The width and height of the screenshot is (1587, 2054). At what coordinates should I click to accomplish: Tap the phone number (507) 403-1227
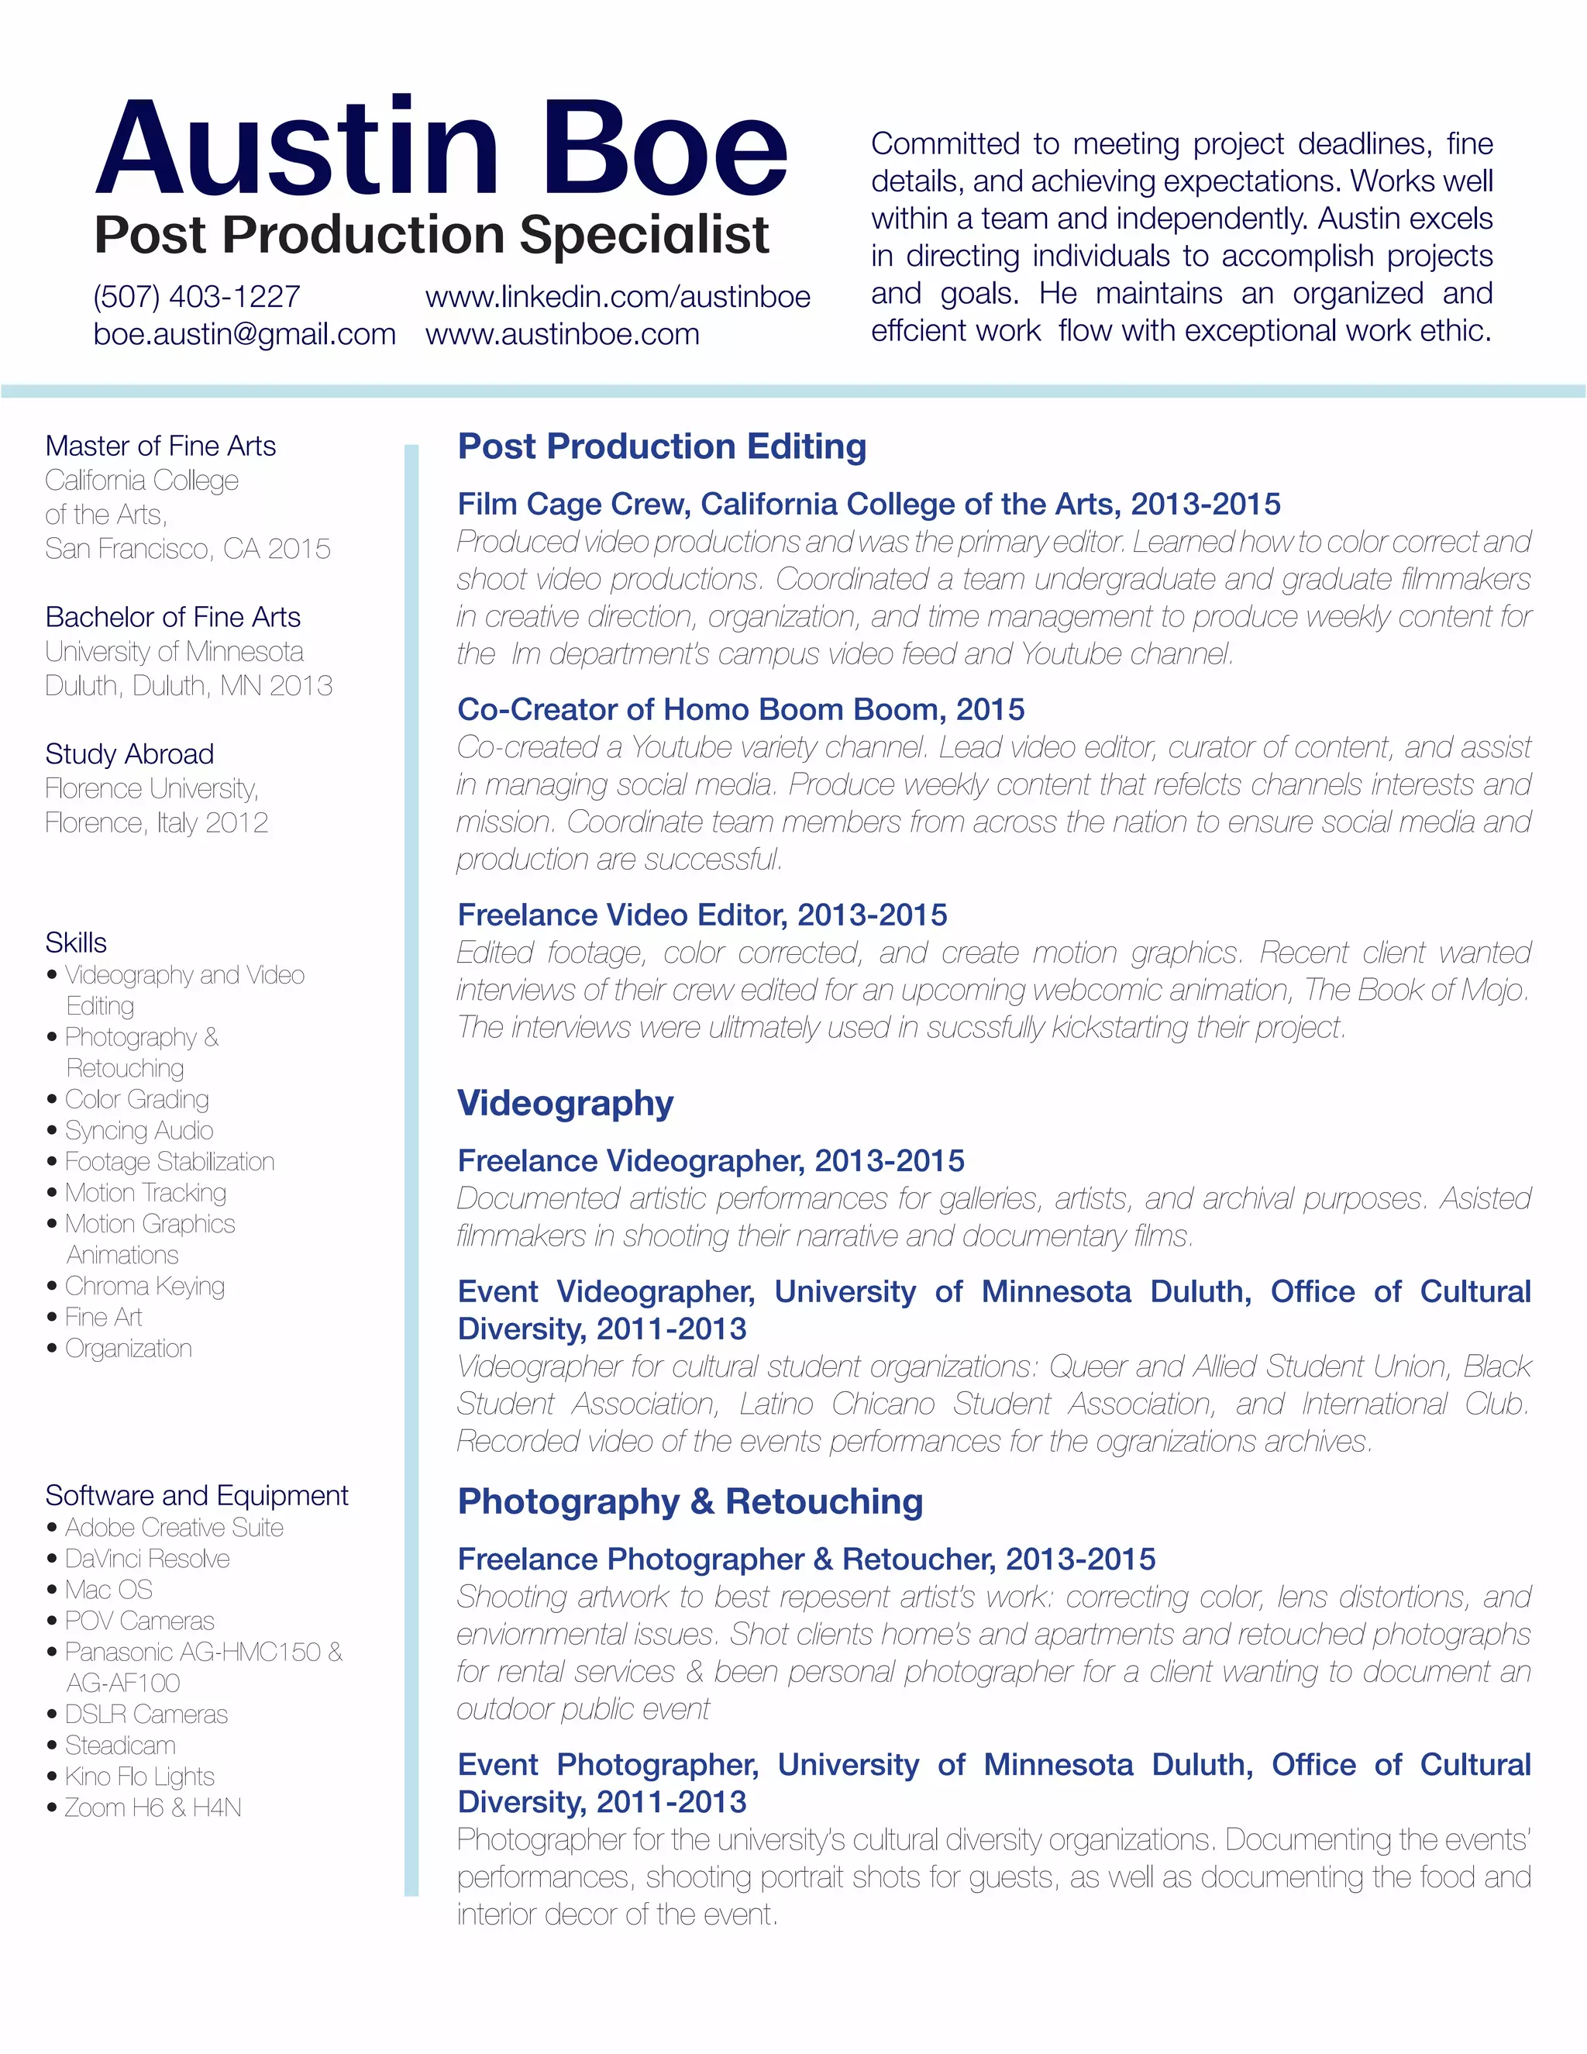click(197, 296)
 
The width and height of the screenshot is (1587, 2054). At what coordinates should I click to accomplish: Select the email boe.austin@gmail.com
click(244, 334)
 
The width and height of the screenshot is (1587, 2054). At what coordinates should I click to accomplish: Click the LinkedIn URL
click(618, 296)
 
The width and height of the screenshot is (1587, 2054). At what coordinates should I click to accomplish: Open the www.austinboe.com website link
click(563, 334)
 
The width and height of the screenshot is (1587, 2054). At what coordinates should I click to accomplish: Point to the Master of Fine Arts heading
click(160, 446)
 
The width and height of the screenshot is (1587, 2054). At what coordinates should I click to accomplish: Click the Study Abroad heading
click(129, 754)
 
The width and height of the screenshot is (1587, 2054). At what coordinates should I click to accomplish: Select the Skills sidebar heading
click(76, 943)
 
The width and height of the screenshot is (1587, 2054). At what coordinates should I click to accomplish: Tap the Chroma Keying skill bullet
click(145, 1286)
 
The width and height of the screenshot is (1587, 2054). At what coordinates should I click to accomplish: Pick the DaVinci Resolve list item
click(147, 1559)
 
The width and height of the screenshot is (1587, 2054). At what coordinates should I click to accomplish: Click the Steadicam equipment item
click(120, 1746)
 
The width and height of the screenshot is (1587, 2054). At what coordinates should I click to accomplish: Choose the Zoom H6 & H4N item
click(153, 1808)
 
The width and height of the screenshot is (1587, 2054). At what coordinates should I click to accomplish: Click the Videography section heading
click(565, 1103)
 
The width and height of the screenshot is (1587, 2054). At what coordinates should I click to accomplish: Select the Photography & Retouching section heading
click(690, 1502)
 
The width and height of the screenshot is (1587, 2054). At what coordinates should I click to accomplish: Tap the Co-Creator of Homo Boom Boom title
click(741, 709)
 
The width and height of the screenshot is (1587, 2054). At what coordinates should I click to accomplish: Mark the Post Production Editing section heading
click(662, 446)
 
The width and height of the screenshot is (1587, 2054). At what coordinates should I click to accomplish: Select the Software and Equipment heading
click(197, 1495)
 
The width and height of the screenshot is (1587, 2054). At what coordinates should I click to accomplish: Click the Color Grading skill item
click(137, 1099)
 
